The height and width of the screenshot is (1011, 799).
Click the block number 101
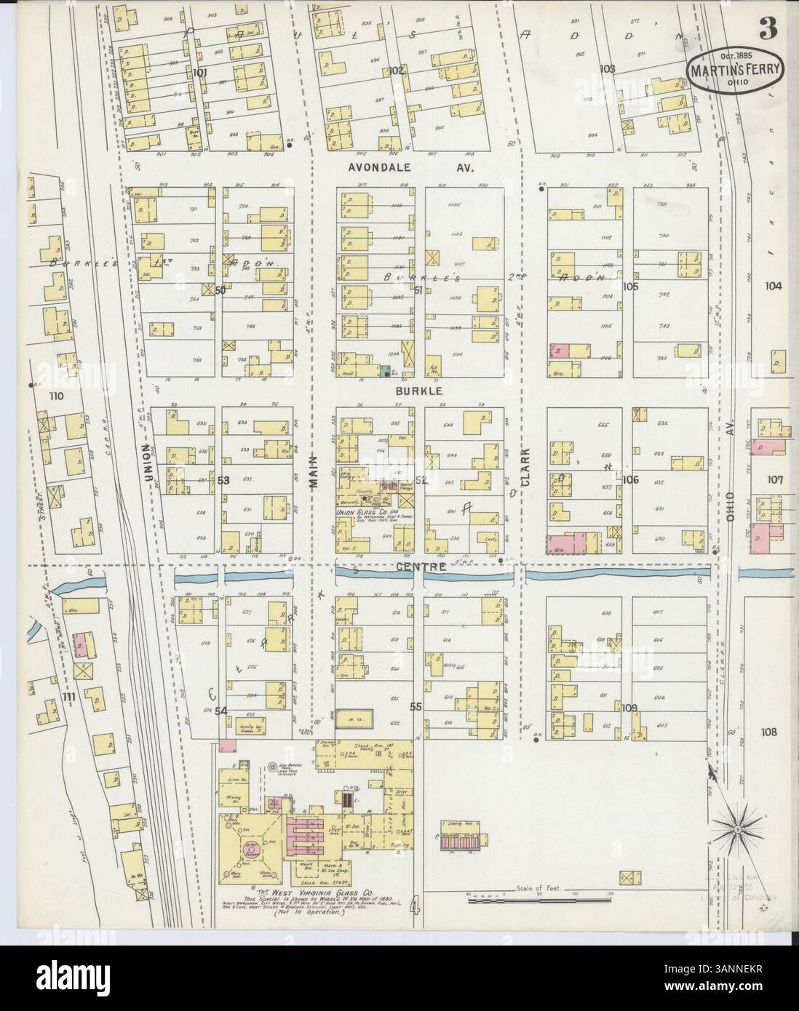(200, 72)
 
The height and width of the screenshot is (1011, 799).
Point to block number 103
(608, 69)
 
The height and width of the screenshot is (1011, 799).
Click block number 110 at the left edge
(55, 396)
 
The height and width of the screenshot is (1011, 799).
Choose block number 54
(221, 710)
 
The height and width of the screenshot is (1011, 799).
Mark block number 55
(416, 706)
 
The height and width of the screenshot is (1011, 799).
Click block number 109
(629, 707)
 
